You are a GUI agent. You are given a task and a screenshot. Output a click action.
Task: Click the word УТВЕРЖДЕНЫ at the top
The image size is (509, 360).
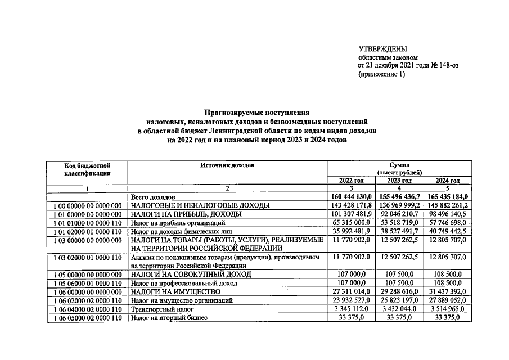tap(382, 49)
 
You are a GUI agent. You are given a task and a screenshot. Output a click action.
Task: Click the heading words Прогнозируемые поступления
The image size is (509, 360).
tap(257, 112)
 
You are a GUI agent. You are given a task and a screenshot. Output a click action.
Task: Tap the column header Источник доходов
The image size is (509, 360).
tap(227, 165)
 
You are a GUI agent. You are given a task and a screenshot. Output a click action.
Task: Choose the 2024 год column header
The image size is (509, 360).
tap(448, 181)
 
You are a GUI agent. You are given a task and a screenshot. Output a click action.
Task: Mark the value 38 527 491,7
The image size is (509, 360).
tap(400, 232)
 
